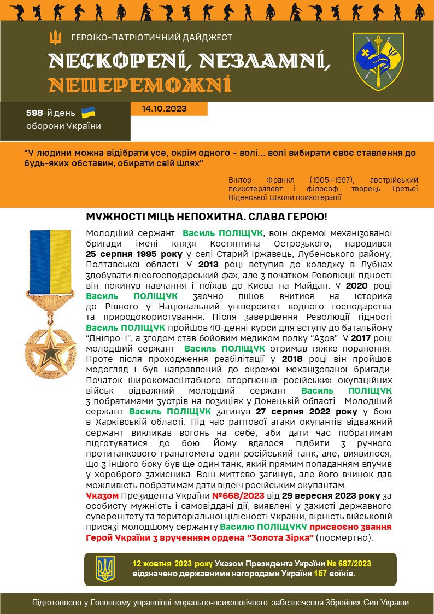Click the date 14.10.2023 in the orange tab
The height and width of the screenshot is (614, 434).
click(x=164, y=109)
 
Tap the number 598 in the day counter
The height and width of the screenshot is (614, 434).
click(x=35, y=113)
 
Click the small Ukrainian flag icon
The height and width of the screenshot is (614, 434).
click(x=88, y=113)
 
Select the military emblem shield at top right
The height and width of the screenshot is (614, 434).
click(x=378, y=62)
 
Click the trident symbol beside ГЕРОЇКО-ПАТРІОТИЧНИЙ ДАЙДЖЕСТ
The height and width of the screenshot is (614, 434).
click(x=55, y=38)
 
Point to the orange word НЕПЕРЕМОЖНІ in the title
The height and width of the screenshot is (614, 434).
click(x=139, y=85)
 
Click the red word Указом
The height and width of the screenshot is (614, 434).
click(x=103, y=496)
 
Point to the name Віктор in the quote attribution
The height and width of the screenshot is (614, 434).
click(x=242, y=179)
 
